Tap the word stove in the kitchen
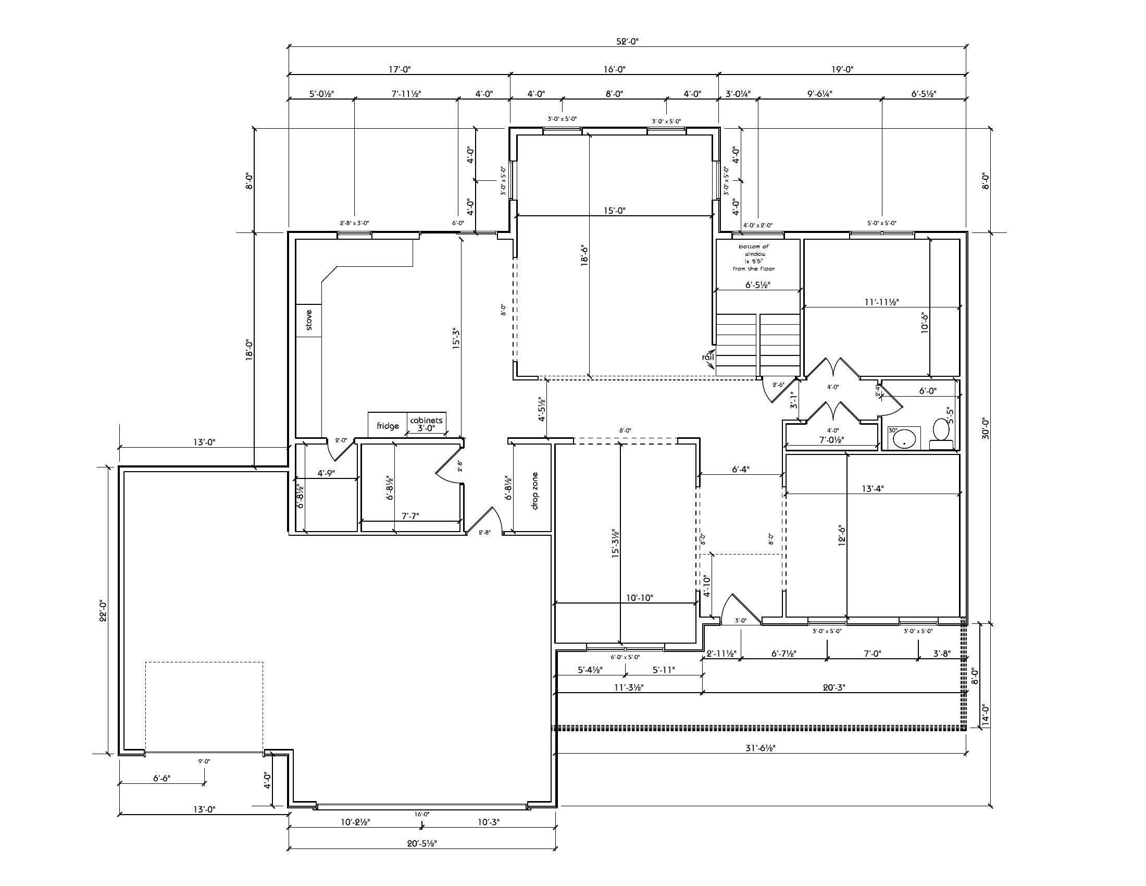pos(308,319)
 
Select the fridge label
pos(388,426)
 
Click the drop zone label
pos(534,491)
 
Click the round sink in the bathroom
pos(905,437)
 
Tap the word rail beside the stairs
pos(708,357)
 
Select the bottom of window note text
pos(754,257)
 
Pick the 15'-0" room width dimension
pos(615,211)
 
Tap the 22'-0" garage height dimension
pos(103,610)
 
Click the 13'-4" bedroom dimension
pos(873,488)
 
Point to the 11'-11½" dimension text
pos(881,302)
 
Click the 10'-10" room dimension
pos(639,597)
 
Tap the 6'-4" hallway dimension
pos(740,469)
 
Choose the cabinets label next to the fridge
pos(426,421)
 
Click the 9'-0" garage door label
pos(204,760)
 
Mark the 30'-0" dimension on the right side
pos(986,428)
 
